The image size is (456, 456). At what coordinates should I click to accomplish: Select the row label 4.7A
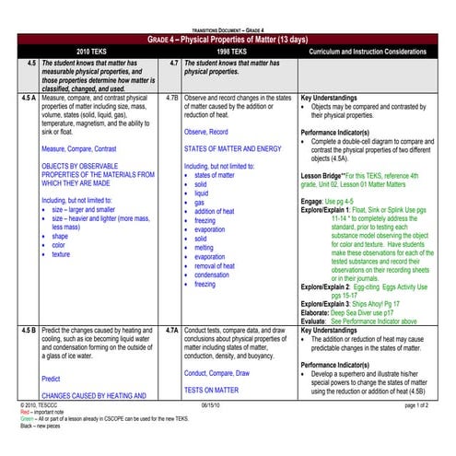click(x=171, y=329)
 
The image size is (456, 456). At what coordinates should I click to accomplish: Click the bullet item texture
click(x=62, y=254)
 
